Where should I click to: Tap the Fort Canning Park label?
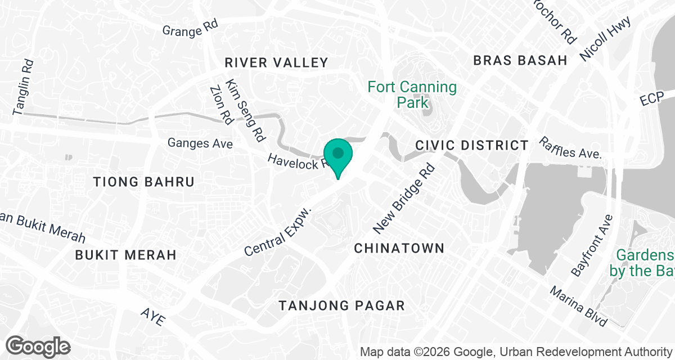(x=412, y=94)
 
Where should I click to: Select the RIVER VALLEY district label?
(x=276, y=62)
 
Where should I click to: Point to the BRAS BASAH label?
(x=520, y=60)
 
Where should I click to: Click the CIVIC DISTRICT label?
(x=472, y=145)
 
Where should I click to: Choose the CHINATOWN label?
(x=399, y=248)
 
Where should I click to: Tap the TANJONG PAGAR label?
(x=342, y=306)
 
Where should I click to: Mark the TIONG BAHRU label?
(x=144, y=182)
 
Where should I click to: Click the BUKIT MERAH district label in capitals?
(x=126, y=255)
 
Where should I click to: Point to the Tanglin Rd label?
(x=24, y=88)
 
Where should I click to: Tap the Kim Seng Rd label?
(x=245, y=110)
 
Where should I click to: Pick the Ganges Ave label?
(x=200, y=143)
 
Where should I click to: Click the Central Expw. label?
(x=278, y=231)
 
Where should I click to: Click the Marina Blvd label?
(x=579, y=307)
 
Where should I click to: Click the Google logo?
(x=38, y=346)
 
